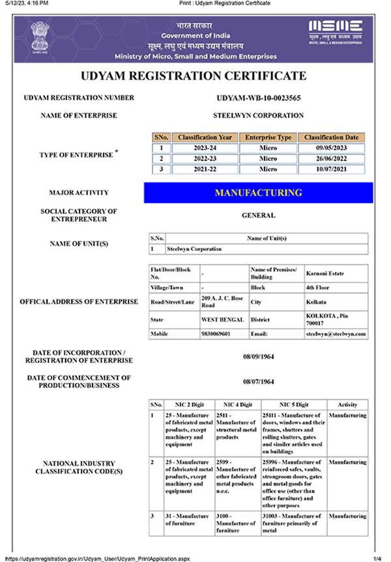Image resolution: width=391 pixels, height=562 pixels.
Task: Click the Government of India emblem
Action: pyautogui.click(x=38, y=38)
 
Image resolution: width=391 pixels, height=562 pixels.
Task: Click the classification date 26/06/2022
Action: pyautogui.click(x=332, y=158)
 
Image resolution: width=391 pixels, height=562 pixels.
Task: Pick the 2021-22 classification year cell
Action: pyautogui.click(x=205, y=169)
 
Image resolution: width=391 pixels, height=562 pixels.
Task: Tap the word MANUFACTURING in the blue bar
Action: pyautogui.click(x=258, y=193)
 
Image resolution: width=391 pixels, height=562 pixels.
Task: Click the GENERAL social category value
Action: pyautogui.click(x=258, y=215)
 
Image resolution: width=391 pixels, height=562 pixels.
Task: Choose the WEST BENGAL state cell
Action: pyautogui.click(x=222, y=319)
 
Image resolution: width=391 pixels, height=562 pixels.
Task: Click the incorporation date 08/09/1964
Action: pyautogui.click(x=258, y=357)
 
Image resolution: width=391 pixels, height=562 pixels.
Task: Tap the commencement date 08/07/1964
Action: pyautogui.click(x=258, y=381)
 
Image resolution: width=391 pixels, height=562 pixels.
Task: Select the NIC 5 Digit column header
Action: pyautogui.click(x=293, y=404)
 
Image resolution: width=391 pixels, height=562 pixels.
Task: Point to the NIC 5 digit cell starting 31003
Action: pyautogui.click(x=293, y=523)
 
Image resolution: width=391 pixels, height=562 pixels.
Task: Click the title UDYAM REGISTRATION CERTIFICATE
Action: pyautogui.click(x=194, y=76)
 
